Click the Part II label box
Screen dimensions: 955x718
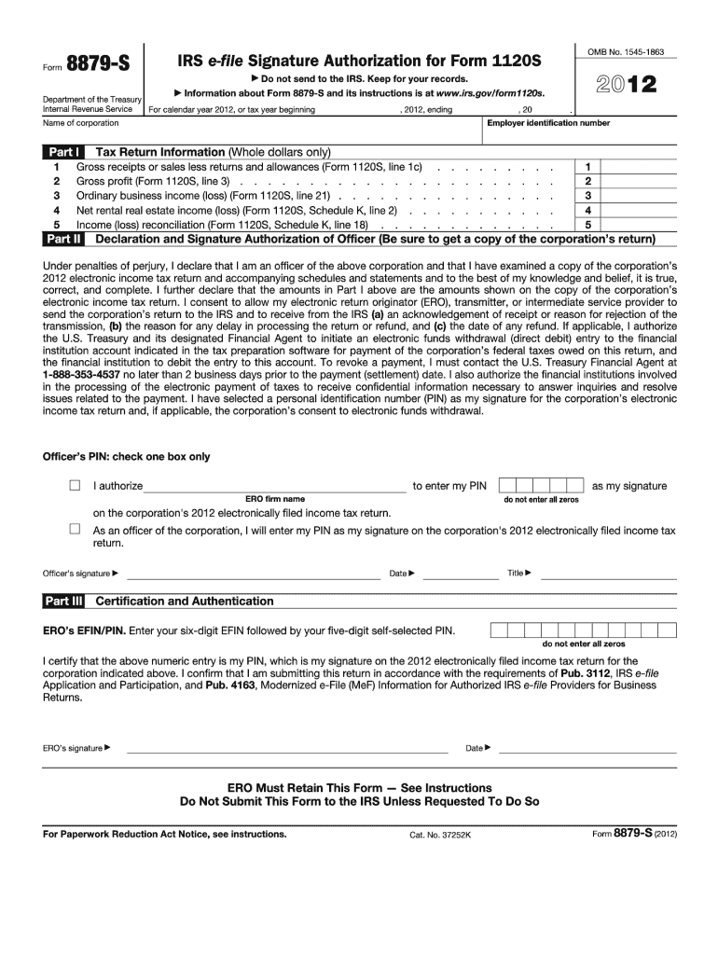pyautogui.click(x=63, y=239)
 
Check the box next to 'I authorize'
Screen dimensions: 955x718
pyautogui.click(x=75, y=486)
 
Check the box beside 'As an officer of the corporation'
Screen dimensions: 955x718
pyautogui.click(x=75, y=529)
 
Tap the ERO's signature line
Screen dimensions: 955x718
pyautogui.click(x=287, y=750)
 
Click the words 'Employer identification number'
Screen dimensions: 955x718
pyautogui.click(x=548, y=123)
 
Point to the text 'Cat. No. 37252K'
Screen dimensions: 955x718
pyautogui.click(x=441, y=835)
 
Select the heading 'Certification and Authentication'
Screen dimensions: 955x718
pyautogui.click(x=185, y=602)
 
